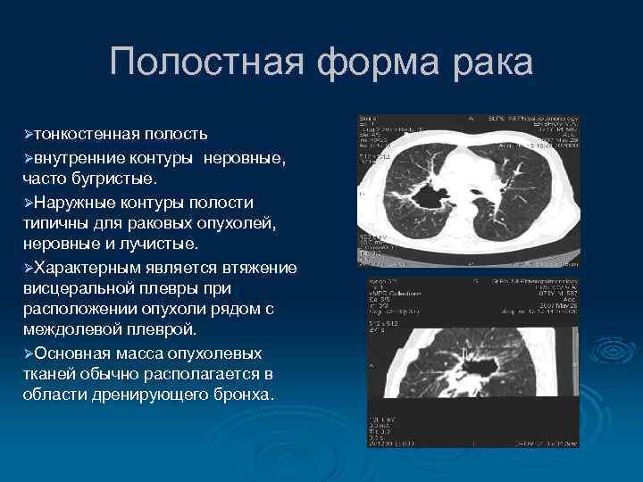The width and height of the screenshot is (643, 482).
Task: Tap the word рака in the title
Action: [x=488, y=63]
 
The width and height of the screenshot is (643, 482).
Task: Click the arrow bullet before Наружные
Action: [x=29, y=203]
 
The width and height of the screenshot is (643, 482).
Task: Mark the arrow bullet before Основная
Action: [x=29, y=353]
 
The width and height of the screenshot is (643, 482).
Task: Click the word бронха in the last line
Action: [x=241, y=394]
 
